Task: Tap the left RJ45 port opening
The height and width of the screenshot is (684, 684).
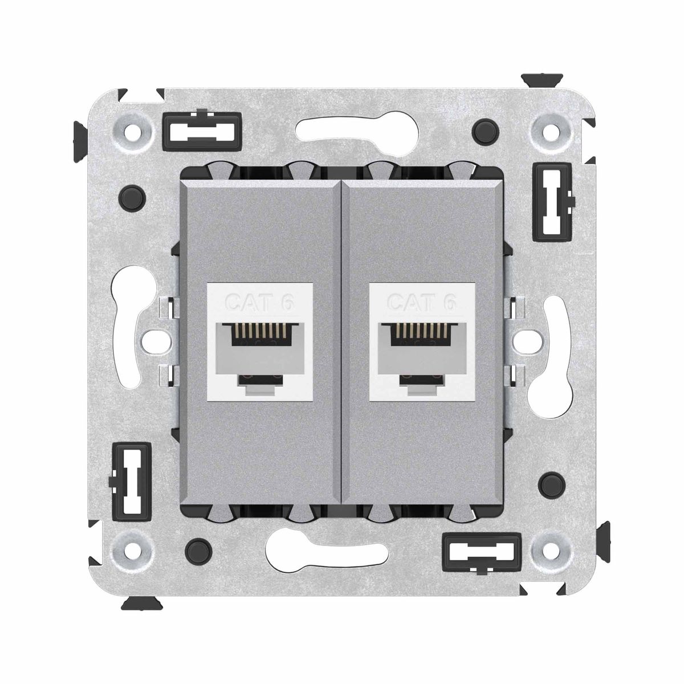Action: point(260,335)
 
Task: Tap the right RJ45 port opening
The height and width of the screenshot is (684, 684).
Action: point(422,335)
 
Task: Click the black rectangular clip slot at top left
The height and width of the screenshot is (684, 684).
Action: point(202,129)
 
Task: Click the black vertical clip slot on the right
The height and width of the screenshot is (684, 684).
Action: point(552,203)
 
